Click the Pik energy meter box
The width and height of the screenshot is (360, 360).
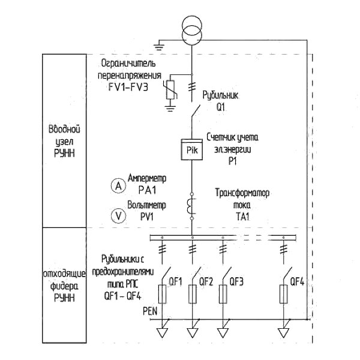click(x=192, y=149)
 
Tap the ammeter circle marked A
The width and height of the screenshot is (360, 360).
click(x=118, y=186)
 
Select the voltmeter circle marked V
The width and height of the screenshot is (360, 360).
click(x=118, y=216)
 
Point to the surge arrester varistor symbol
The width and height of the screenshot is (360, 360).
click(x=170, y=89)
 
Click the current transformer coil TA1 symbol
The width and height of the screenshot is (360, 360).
click(x=191, y=206)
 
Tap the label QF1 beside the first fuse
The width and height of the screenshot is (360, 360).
click(x=176, y=281)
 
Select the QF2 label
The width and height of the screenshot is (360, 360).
click(x=206, y=281)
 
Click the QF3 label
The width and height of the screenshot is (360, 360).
click(x=236, y=281)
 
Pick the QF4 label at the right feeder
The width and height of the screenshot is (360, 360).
click(x=298, y=281)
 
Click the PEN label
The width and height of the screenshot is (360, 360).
click(x=150, y=311)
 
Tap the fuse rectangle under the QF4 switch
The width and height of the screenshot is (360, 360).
click(x=284, y=294)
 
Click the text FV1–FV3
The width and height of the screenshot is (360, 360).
click(x=128, y=87)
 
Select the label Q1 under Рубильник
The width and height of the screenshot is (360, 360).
click(x=221, y=107)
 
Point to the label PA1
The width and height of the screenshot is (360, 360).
click(x=147, y=190)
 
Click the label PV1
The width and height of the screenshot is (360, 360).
click(x=147, y=217)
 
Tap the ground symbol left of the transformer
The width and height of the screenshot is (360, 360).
click(x=159, y=46)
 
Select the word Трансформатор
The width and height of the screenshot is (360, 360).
click(x=242, y=193)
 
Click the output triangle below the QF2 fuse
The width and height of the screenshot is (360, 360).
click(x=193, y=332)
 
